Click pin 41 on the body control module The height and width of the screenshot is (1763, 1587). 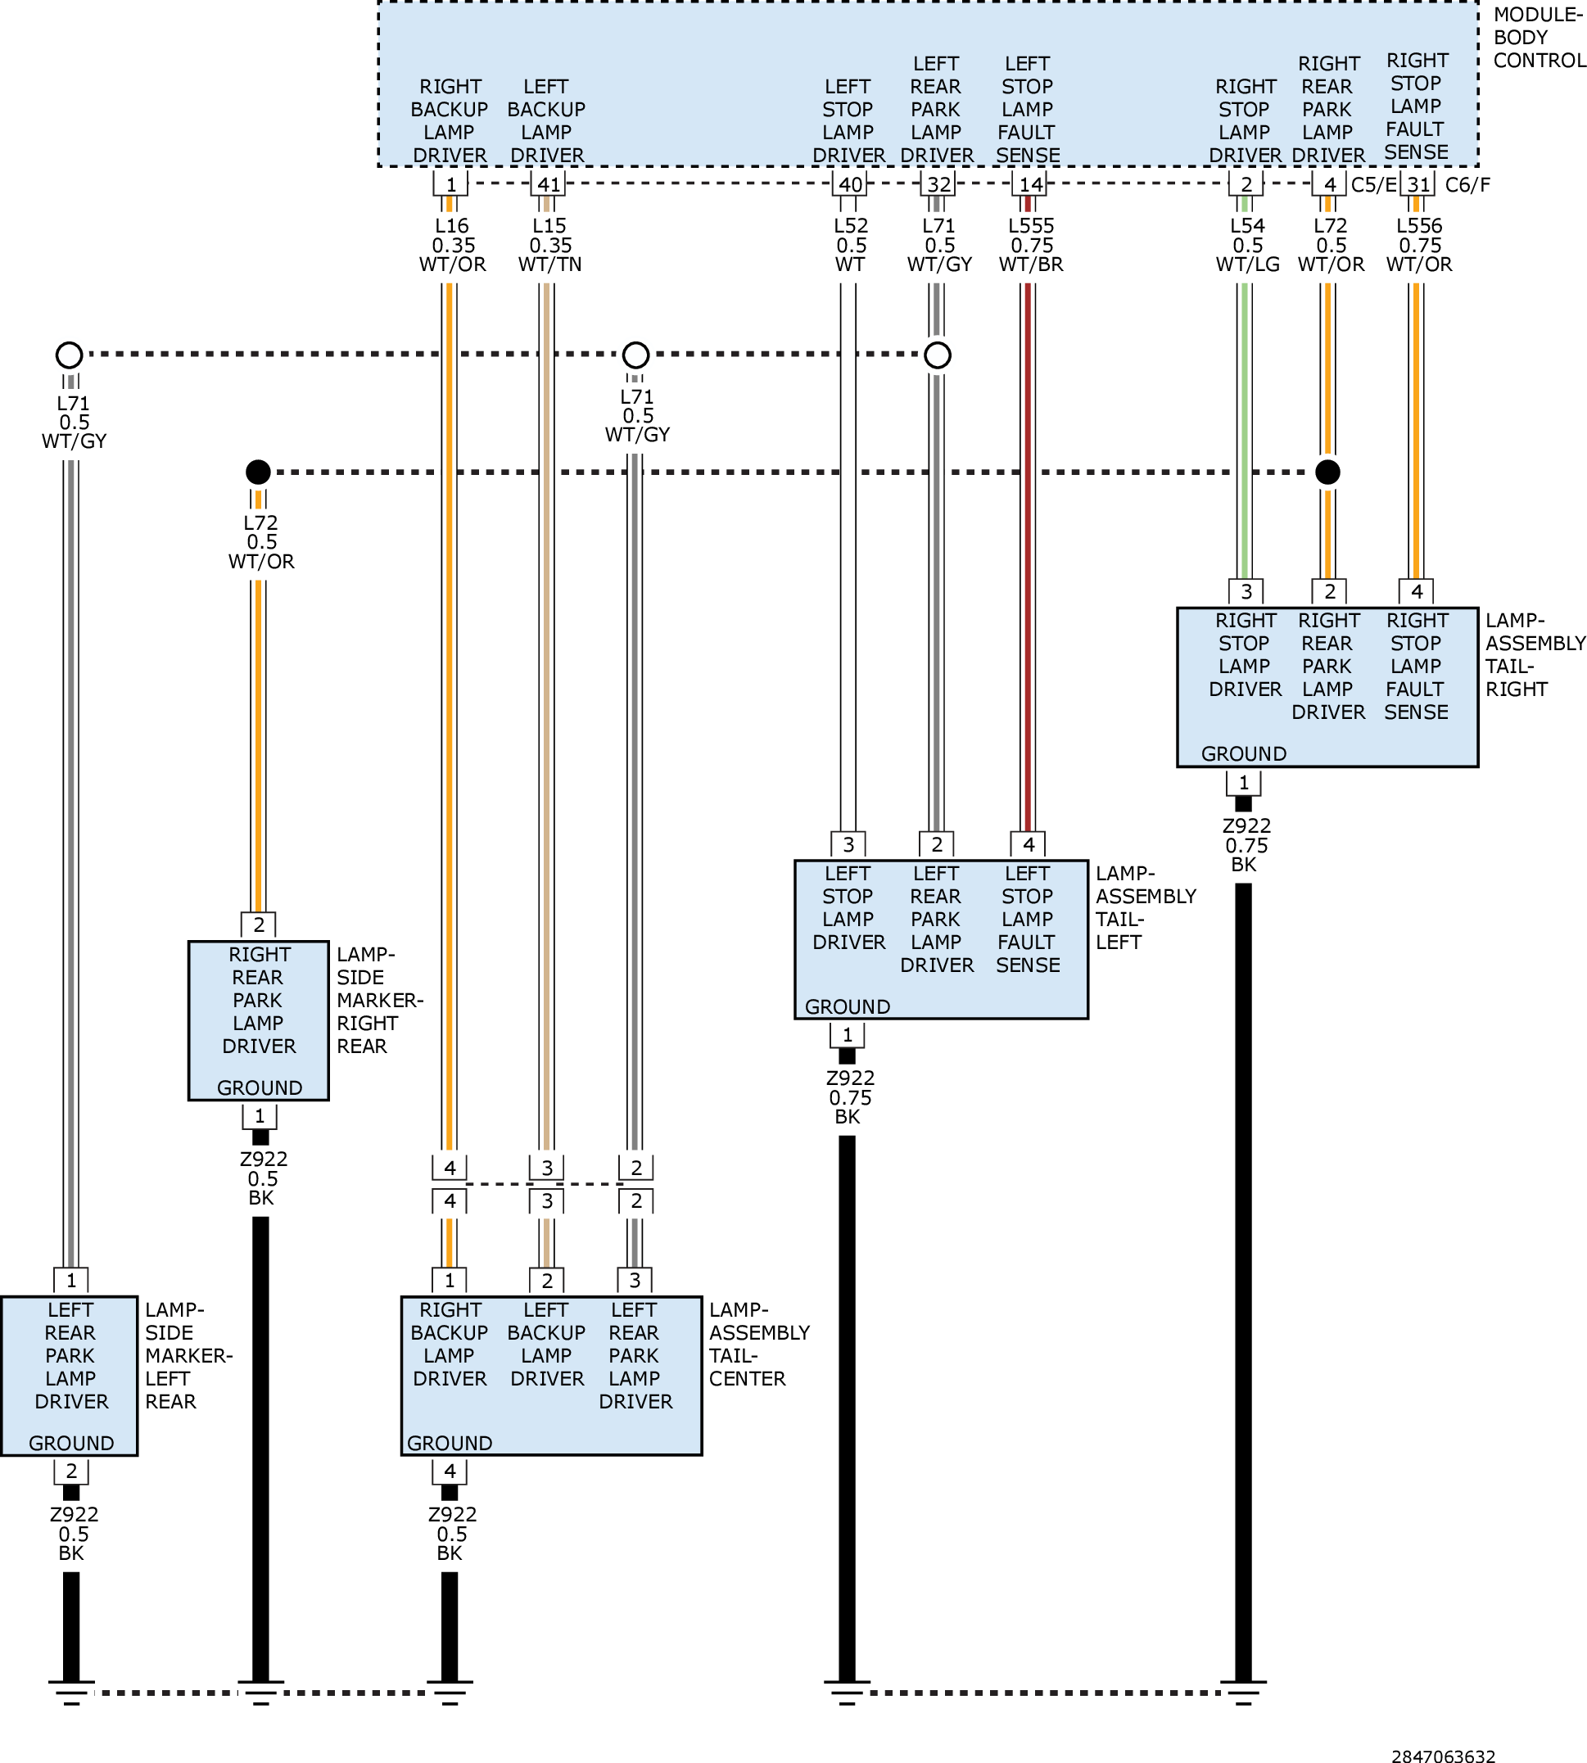[x=549, y=184]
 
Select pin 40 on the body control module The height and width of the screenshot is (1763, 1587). [x=850, y=184]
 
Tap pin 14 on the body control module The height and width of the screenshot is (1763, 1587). [x=1031, y=184]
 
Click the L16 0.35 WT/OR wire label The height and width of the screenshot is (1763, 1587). [x=453, y=245]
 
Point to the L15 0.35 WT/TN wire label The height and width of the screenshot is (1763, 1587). [x=549, y=245]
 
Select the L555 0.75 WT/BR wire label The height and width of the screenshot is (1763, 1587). [x=1031, y=245]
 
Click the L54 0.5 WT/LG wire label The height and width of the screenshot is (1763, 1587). [x=1248, y=245]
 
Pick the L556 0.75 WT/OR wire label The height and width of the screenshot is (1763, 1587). [x=1418, y=245]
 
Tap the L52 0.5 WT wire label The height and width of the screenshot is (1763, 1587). [x=851, y=245]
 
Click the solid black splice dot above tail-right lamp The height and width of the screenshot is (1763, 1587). [x=1327, y=472]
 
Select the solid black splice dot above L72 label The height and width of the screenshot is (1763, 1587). [x=258, y=472]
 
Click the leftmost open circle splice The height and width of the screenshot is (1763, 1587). [x=69, y=355]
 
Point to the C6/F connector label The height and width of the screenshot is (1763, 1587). [x=1467, y=185]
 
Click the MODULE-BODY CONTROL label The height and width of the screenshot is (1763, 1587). [x=1539, y=38]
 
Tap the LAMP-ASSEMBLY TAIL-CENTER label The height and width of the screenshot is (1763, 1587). [x=758, y=1344]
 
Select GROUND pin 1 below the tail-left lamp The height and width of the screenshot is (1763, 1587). [x=847, y=1035]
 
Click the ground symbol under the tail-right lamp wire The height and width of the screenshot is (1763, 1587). [x=1243, y=1692]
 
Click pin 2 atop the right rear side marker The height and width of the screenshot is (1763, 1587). [x=258, y=924]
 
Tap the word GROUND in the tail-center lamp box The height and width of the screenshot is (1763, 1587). [x=450, y=1443]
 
